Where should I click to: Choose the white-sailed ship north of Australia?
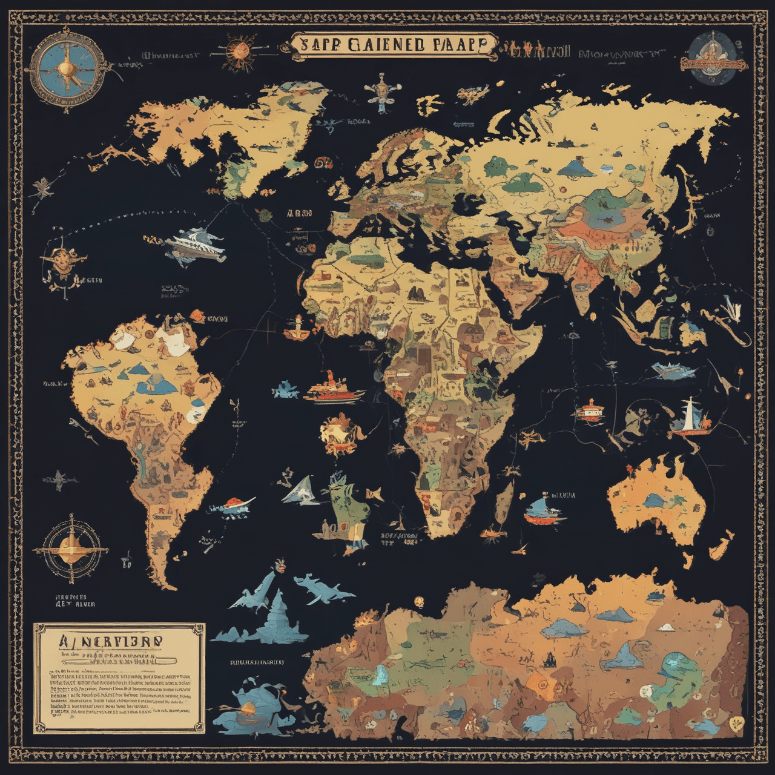point(689,420)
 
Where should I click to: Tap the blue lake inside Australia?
point(654,499)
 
